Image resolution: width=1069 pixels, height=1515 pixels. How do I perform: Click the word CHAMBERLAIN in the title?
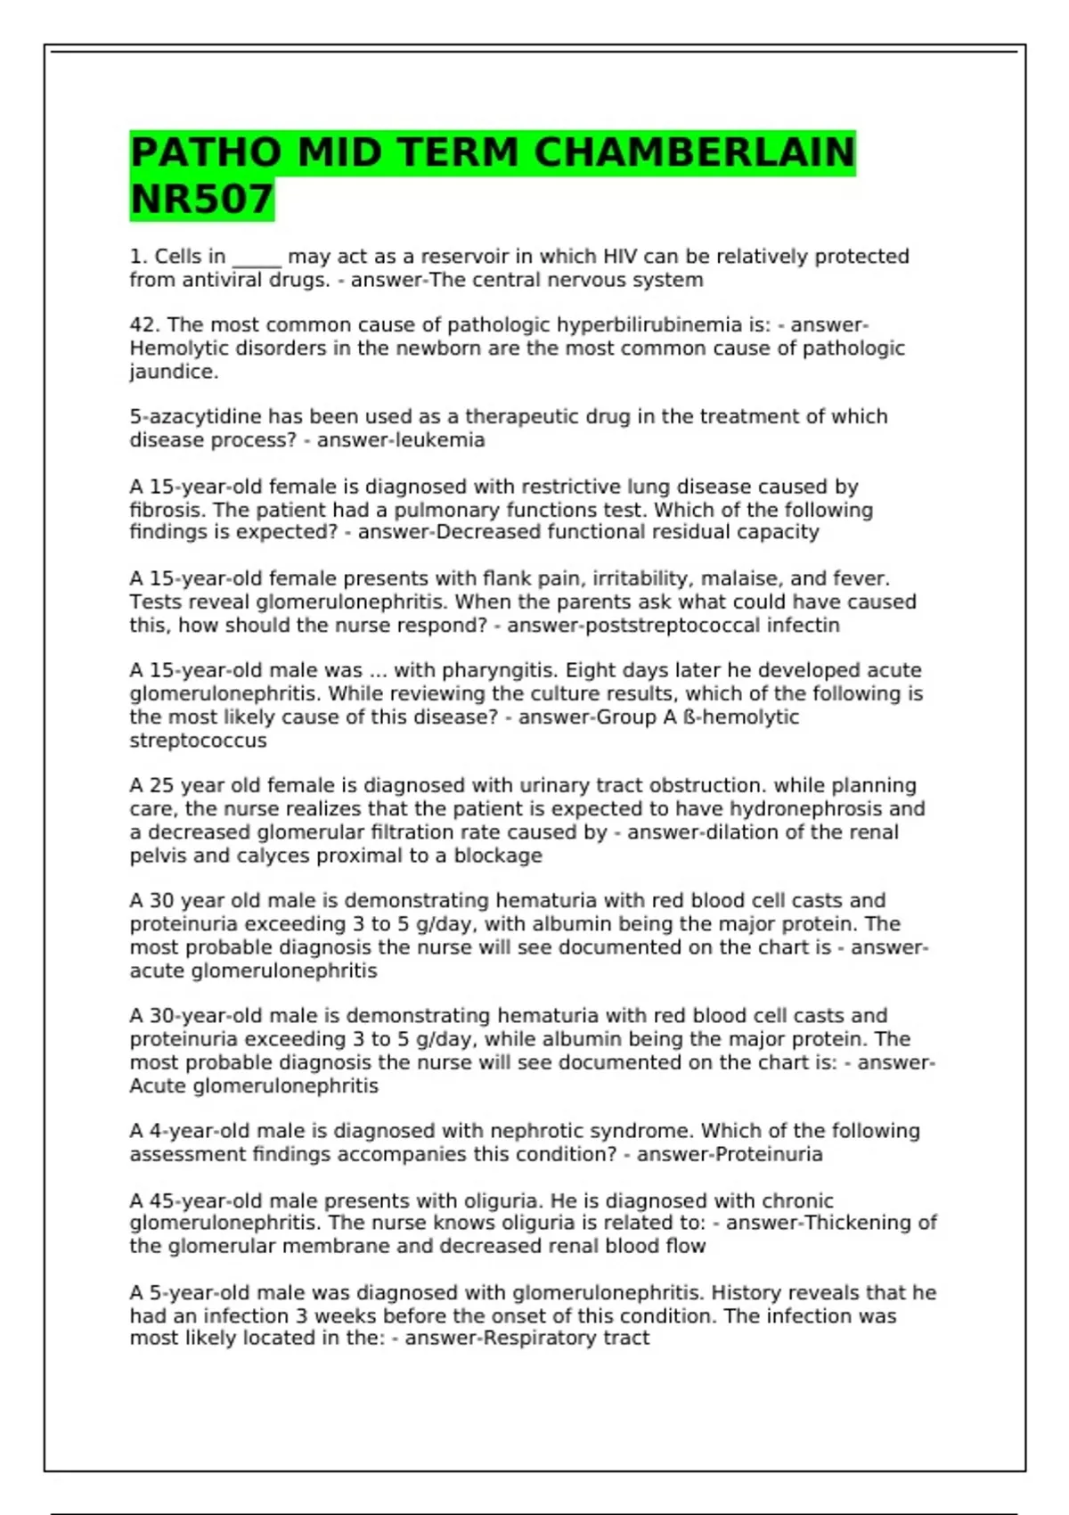pos(694,152)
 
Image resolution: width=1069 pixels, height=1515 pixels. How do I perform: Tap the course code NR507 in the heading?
pos(201,199)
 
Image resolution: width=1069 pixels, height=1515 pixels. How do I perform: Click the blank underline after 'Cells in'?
pos(257,258)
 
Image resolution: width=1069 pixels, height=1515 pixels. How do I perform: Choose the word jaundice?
pos(173,373)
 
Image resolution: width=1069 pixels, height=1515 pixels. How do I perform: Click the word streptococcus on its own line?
pos(198,741)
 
